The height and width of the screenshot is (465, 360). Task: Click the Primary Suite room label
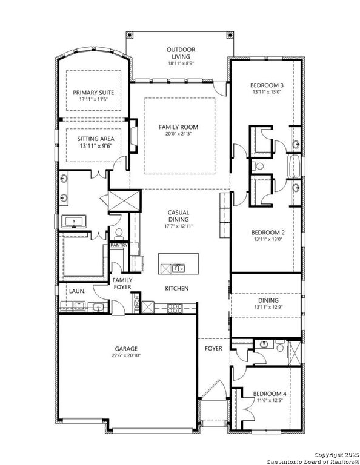point(93,93)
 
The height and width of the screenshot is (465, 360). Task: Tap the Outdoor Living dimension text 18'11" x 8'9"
point(181,63)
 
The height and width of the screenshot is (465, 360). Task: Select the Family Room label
point(178,127)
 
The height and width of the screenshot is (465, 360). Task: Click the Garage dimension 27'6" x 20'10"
point(127,355)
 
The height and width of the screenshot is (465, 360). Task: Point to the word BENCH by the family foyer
point(137,303)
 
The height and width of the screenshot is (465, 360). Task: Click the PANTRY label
point(119,245)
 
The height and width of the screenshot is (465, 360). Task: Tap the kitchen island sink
point(179,268)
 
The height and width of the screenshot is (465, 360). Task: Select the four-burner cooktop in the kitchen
point(175,308)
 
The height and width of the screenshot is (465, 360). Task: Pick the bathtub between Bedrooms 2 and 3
point(294,166)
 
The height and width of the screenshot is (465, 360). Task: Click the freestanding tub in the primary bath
point(73,222)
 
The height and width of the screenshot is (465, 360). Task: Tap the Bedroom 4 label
point(270,394)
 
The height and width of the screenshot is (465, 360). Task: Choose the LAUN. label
point(77,291)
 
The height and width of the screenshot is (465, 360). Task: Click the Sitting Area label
point(96,139)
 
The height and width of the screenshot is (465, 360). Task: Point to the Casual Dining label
point(178,216)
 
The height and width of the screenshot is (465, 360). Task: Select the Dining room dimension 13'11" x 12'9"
point(268,307)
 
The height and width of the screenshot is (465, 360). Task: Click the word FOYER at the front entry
point(213,348)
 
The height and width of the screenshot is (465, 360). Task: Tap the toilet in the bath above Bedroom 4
point(280,346)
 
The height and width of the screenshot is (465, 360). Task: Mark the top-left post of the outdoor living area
point(129,35)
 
